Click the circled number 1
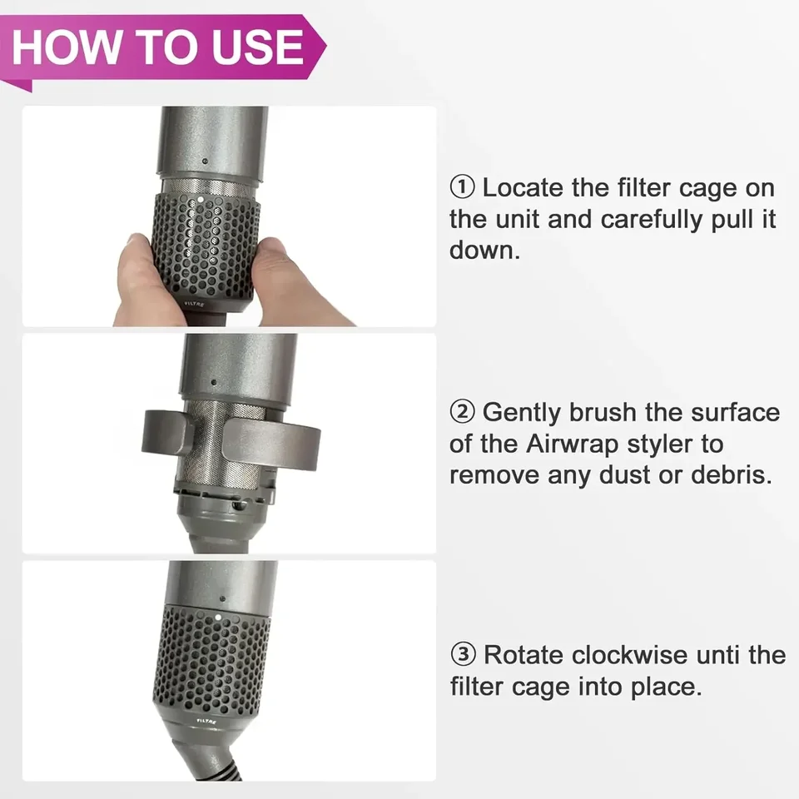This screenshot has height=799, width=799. (462, 187)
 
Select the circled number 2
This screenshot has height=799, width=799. (462, 412)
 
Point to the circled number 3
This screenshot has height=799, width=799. (463, 654)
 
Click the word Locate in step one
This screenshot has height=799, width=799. (524, 187)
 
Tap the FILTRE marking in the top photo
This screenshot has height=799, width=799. (194, 305)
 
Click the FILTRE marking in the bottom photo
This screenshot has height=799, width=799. (206, 721)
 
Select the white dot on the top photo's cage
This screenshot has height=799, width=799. (201, 200)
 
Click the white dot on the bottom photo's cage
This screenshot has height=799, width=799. (218, 617)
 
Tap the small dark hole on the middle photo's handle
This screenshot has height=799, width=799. (213, 382)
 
